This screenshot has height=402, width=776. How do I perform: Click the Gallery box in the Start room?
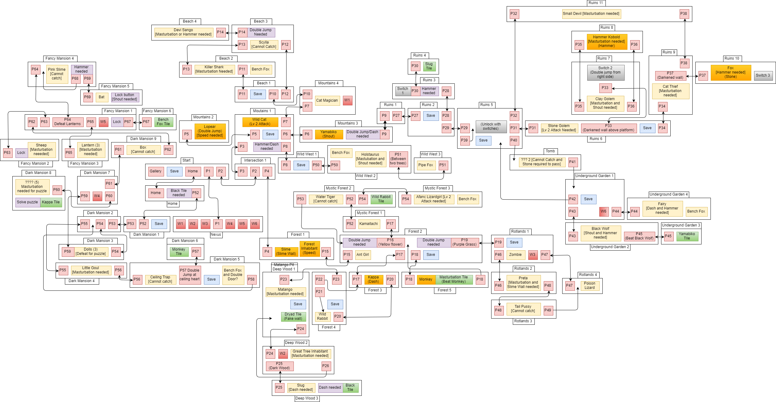156,171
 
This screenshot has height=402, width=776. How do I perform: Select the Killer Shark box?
214,70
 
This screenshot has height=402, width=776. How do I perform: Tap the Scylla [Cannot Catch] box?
264,45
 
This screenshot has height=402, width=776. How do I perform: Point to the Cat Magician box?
327,100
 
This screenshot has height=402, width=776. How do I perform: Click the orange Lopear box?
210,131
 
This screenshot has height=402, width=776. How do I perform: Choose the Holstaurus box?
370,159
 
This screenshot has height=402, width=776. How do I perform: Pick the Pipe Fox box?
426,165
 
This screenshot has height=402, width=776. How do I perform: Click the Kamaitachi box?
369,224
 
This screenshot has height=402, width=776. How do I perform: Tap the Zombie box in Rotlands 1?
515,255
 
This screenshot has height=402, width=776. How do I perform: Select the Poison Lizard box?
589,286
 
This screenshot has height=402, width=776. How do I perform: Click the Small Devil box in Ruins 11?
591,14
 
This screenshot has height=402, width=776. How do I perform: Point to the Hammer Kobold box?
606,42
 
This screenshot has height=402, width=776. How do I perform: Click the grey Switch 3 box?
763,76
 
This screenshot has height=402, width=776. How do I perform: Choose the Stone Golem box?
559,128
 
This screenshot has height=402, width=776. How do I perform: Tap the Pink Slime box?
57,74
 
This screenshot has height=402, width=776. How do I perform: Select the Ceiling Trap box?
160,279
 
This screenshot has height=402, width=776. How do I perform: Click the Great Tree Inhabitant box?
310,354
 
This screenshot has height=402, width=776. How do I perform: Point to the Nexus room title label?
216,235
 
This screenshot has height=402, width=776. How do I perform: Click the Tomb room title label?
550,151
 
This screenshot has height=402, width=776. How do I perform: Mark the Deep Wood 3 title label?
307,398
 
